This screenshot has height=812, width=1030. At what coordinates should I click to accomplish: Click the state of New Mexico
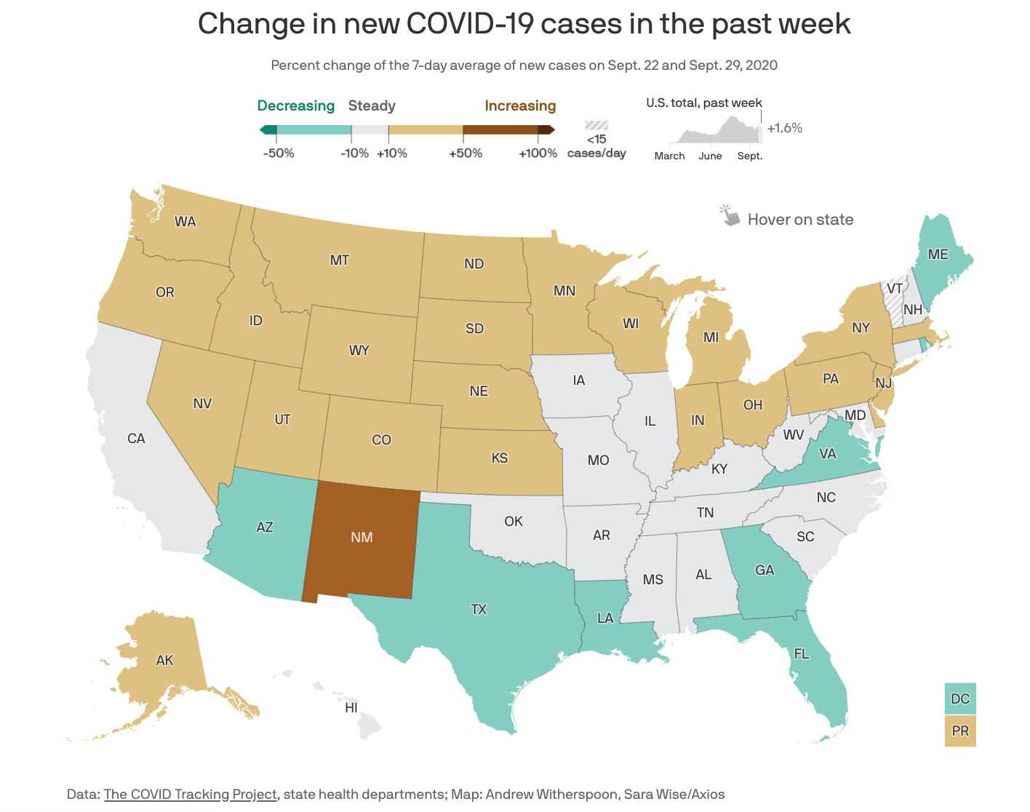362,538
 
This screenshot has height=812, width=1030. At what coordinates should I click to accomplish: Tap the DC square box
960,698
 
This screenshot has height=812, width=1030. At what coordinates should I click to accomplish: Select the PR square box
960,731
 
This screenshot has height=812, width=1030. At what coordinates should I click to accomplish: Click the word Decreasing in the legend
296,106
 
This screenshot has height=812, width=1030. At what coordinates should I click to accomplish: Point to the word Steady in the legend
372,106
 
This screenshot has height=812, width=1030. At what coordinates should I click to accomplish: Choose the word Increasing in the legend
520,106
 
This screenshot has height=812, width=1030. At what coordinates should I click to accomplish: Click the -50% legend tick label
279,154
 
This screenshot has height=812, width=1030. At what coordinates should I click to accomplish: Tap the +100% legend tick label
538,154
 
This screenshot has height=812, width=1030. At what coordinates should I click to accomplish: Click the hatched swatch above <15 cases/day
596,126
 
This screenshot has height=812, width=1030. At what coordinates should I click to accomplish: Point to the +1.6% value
785,128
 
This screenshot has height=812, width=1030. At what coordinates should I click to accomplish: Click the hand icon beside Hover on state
729,216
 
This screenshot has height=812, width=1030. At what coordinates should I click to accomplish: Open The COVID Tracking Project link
191,794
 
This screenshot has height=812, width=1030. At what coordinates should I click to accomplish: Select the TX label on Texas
479,610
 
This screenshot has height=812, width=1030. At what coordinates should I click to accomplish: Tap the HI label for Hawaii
351,707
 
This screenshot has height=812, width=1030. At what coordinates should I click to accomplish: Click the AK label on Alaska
165,660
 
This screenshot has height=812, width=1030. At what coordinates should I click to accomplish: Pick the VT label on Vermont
895,289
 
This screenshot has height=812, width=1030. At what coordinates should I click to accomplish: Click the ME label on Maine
938,254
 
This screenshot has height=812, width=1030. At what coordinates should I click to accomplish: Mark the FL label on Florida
802,653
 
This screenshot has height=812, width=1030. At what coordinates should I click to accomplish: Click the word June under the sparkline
710,156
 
